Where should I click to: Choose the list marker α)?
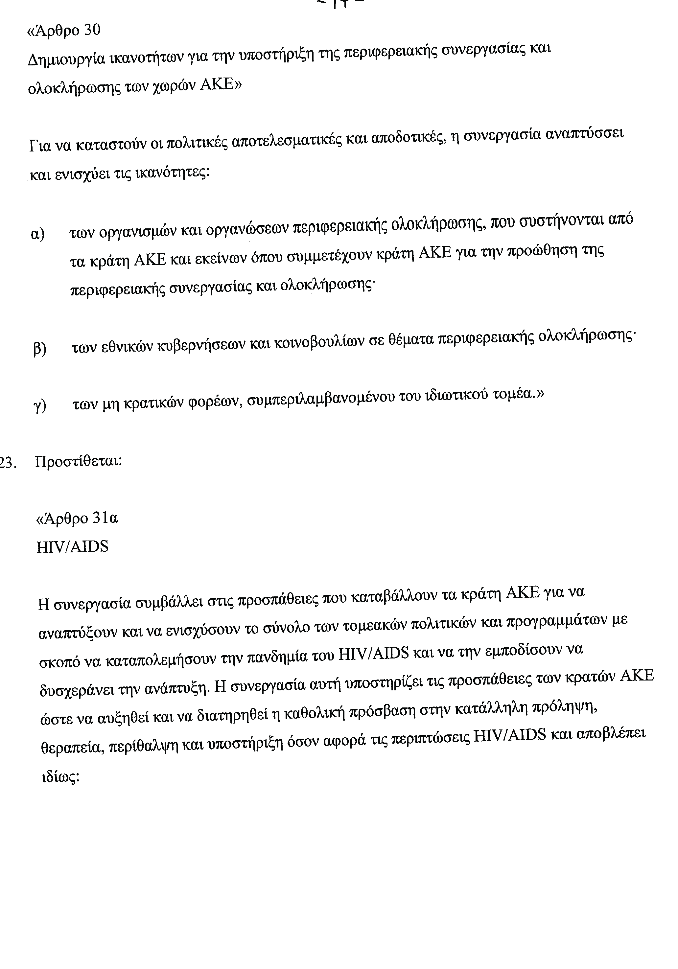click(x=38, y=234)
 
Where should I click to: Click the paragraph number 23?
click(x=8, y=463)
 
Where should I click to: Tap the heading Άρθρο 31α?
click(x=77, y=518)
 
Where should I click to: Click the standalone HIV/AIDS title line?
click(x=73, y=547)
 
